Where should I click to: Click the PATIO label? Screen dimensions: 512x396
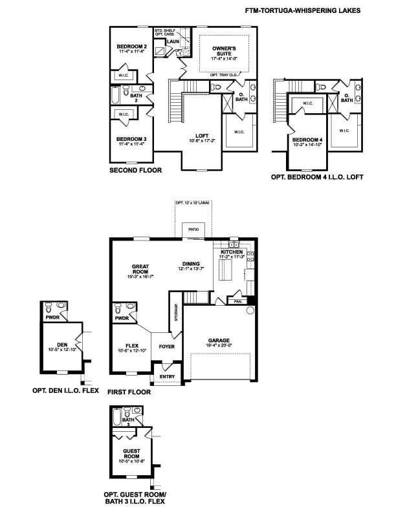pos(192,229)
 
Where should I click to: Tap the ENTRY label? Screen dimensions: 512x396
pos(167,376)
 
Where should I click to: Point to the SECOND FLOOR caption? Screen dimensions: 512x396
pos(136,171)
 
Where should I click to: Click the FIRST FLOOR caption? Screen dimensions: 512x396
pos(130,392)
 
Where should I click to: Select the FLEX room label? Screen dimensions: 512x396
pos(133,347)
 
